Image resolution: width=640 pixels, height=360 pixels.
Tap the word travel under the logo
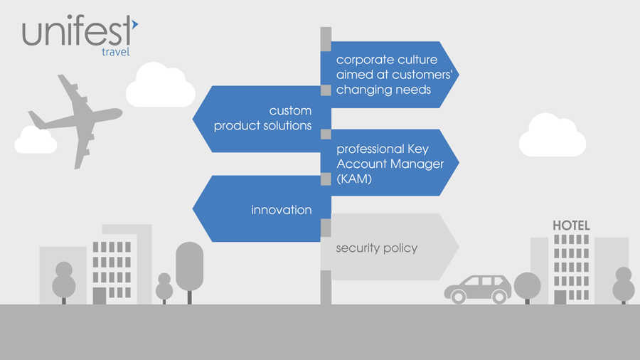click(115, 52)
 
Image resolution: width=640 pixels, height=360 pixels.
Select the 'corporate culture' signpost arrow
click(388, 75)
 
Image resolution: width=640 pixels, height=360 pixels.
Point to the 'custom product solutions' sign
click(262, 119)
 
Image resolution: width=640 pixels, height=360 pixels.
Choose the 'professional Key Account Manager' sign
click(391, 163)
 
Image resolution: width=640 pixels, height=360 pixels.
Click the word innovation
click(281, 210)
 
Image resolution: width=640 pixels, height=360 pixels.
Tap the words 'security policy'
click(376, 248)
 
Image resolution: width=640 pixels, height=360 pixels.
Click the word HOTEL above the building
click(571, 226)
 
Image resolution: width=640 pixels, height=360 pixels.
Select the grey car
click(478, 288)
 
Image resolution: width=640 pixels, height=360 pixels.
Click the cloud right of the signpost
click(552, 136)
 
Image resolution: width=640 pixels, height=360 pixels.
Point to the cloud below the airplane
click(36, 140)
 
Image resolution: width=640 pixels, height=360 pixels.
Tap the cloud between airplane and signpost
click(160, 86)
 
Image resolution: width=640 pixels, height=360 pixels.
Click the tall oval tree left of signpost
click(189, 266)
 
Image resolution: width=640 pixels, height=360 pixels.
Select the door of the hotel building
click(560, 297)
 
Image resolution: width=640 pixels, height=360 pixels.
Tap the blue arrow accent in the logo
click(134, 25)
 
